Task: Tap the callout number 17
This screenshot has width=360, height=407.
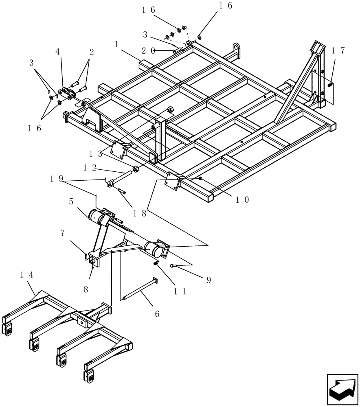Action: click(x=338, y=50)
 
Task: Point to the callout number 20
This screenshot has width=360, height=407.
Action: click(x=148, y=50)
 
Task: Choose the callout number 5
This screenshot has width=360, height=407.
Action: click(x=71, y=201)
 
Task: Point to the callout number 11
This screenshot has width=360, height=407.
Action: click(x=180, y=291)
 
